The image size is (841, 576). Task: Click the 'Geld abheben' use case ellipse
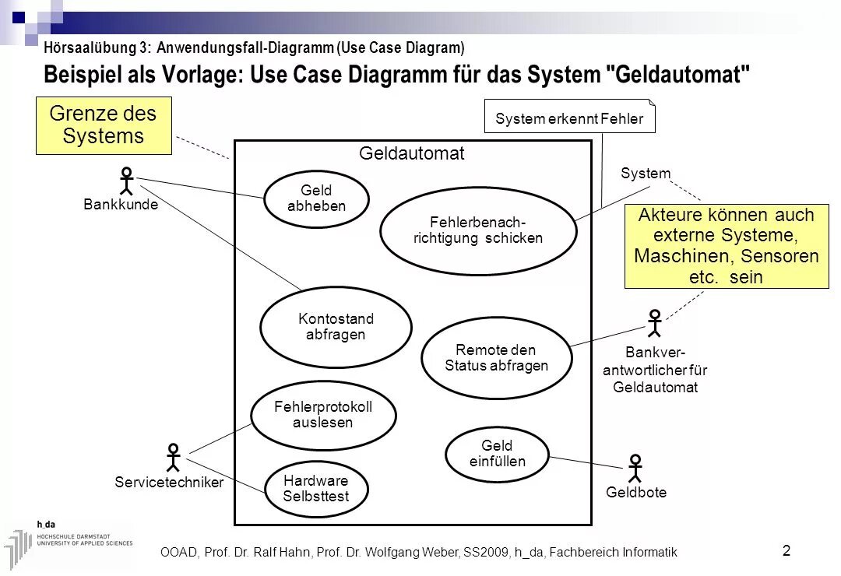coord(316,199)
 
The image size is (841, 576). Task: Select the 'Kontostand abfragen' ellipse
coord(336,327)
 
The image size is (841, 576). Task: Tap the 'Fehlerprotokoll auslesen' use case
coord(323,415)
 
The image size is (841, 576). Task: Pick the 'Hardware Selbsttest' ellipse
coord(315,489)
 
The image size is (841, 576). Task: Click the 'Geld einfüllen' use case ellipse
coord(497,454)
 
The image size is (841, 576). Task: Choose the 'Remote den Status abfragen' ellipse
coord(497,357)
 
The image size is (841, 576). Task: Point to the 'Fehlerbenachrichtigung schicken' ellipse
coord(477,230)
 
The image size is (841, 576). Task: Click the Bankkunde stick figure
coord(126,181)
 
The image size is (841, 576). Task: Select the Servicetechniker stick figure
coord(174,458)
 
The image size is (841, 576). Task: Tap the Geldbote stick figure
coord(635,469)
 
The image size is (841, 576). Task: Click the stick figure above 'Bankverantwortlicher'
coord(654,323)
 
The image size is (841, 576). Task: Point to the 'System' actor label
coord(646,174)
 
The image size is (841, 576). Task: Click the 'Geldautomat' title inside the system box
coord(411,154)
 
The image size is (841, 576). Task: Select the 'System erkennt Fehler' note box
coord(569,118)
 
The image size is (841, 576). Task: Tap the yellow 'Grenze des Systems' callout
coord(104,125)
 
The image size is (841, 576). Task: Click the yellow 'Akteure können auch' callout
coord(726,246)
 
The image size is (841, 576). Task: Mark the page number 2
coord(786,551)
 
